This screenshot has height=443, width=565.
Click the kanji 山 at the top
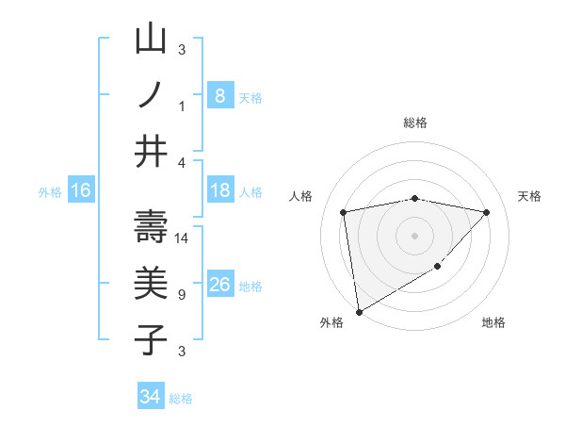[151, 40]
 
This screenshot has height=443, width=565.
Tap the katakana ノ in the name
[151, 95]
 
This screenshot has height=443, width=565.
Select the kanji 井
[151, 151]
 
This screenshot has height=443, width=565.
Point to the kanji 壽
[151, 227]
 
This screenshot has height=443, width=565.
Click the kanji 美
[151, 283]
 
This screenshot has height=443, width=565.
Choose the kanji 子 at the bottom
[151, 339]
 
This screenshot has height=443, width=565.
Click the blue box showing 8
[219, 96]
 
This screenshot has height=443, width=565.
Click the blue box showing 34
[150, 397]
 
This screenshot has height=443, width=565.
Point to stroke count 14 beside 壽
[183, 238]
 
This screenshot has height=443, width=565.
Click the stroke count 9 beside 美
[182, 295]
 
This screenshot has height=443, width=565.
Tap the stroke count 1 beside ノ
[182, 107]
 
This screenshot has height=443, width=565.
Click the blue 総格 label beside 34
[181, 399]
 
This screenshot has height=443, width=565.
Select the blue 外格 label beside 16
[50, 192]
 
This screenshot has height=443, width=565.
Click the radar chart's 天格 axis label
[530, 196]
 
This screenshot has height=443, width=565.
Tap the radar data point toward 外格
[359, 311]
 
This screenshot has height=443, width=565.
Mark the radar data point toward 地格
[438, 268]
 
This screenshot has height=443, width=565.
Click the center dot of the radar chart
[414, 235]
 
